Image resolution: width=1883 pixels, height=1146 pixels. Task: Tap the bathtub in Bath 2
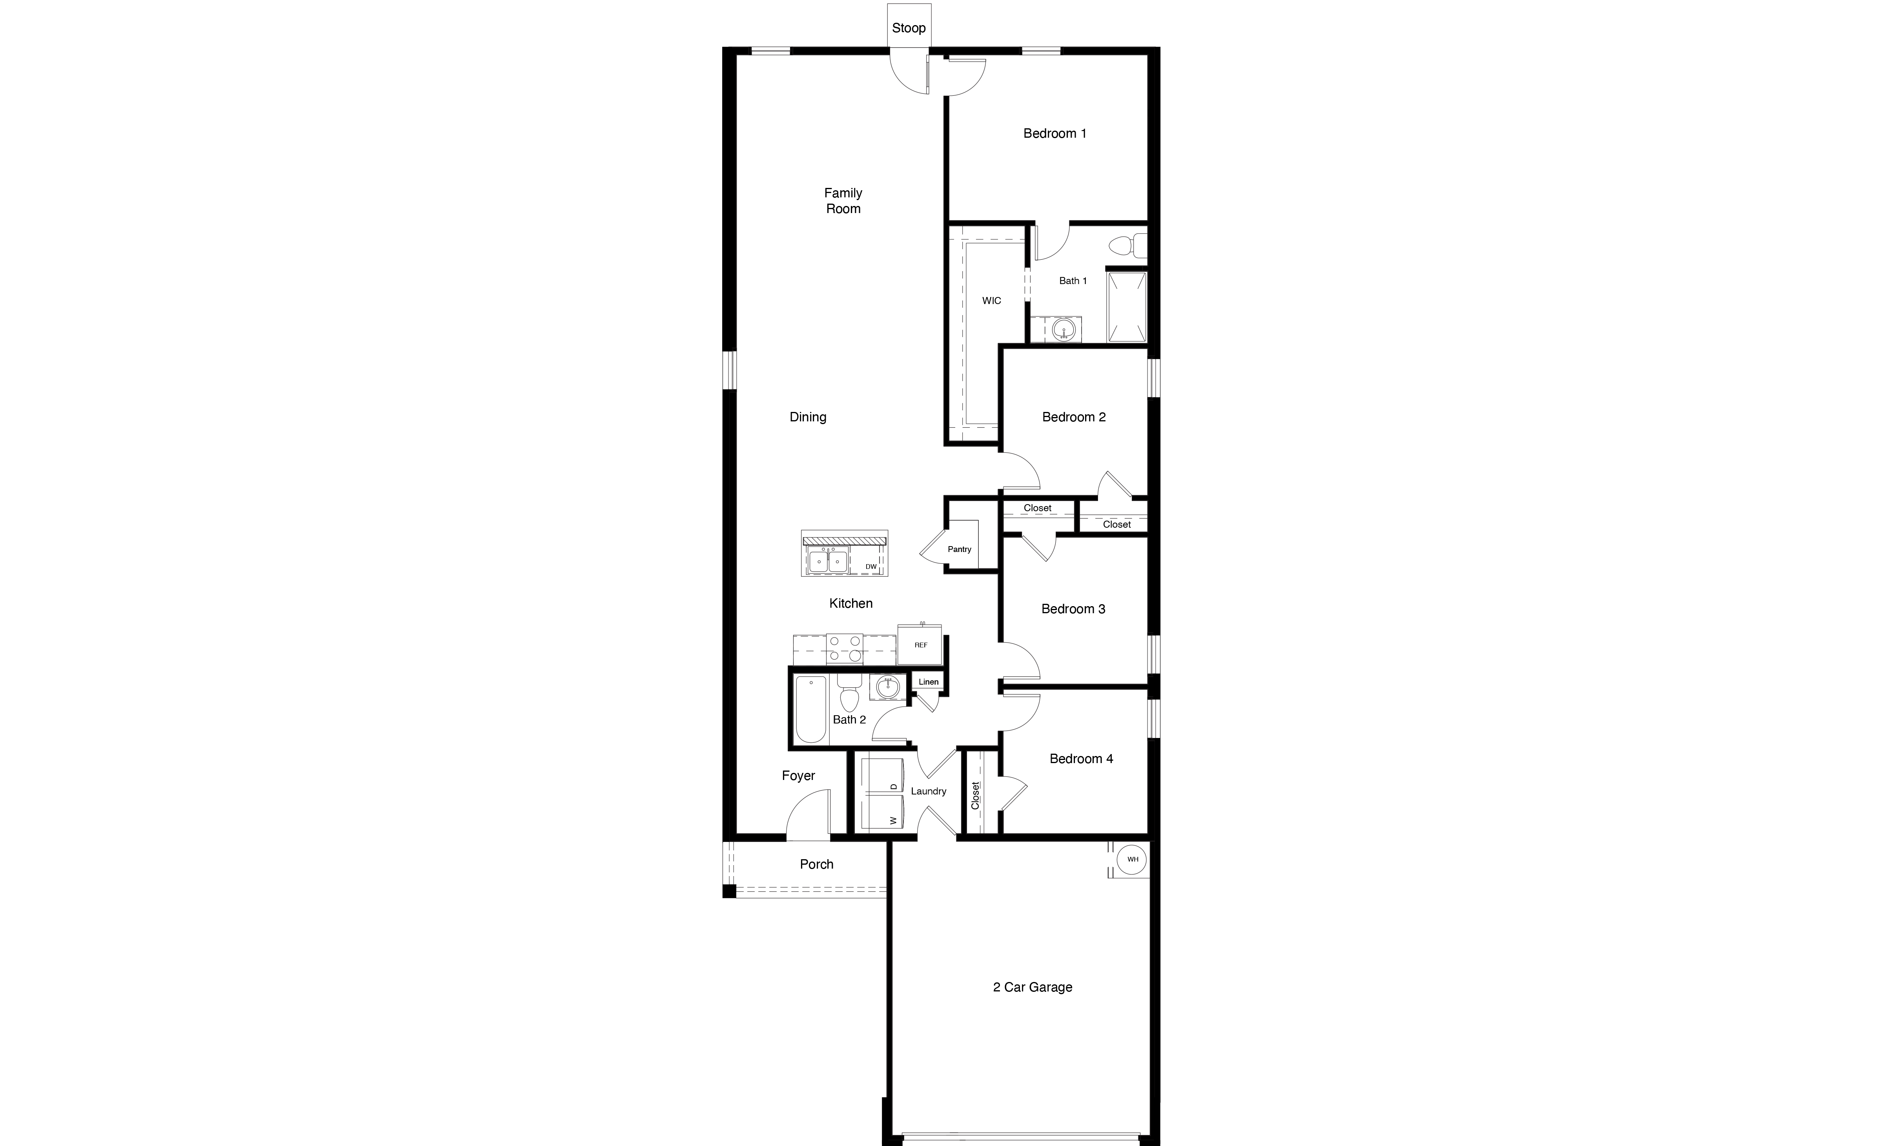(x=811, y=709)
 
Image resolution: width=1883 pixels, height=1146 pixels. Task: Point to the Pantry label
(x=959, y=549)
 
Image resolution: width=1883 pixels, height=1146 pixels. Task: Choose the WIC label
(x=991, y=301)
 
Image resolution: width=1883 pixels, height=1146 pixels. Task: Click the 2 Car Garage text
(x=1033, y=987)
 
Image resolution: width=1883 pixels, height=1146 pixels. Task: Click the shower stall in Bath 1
(x=1127, y=306)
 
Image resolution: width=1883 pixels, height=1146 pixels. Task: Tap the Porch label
(x=816, y=864)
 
